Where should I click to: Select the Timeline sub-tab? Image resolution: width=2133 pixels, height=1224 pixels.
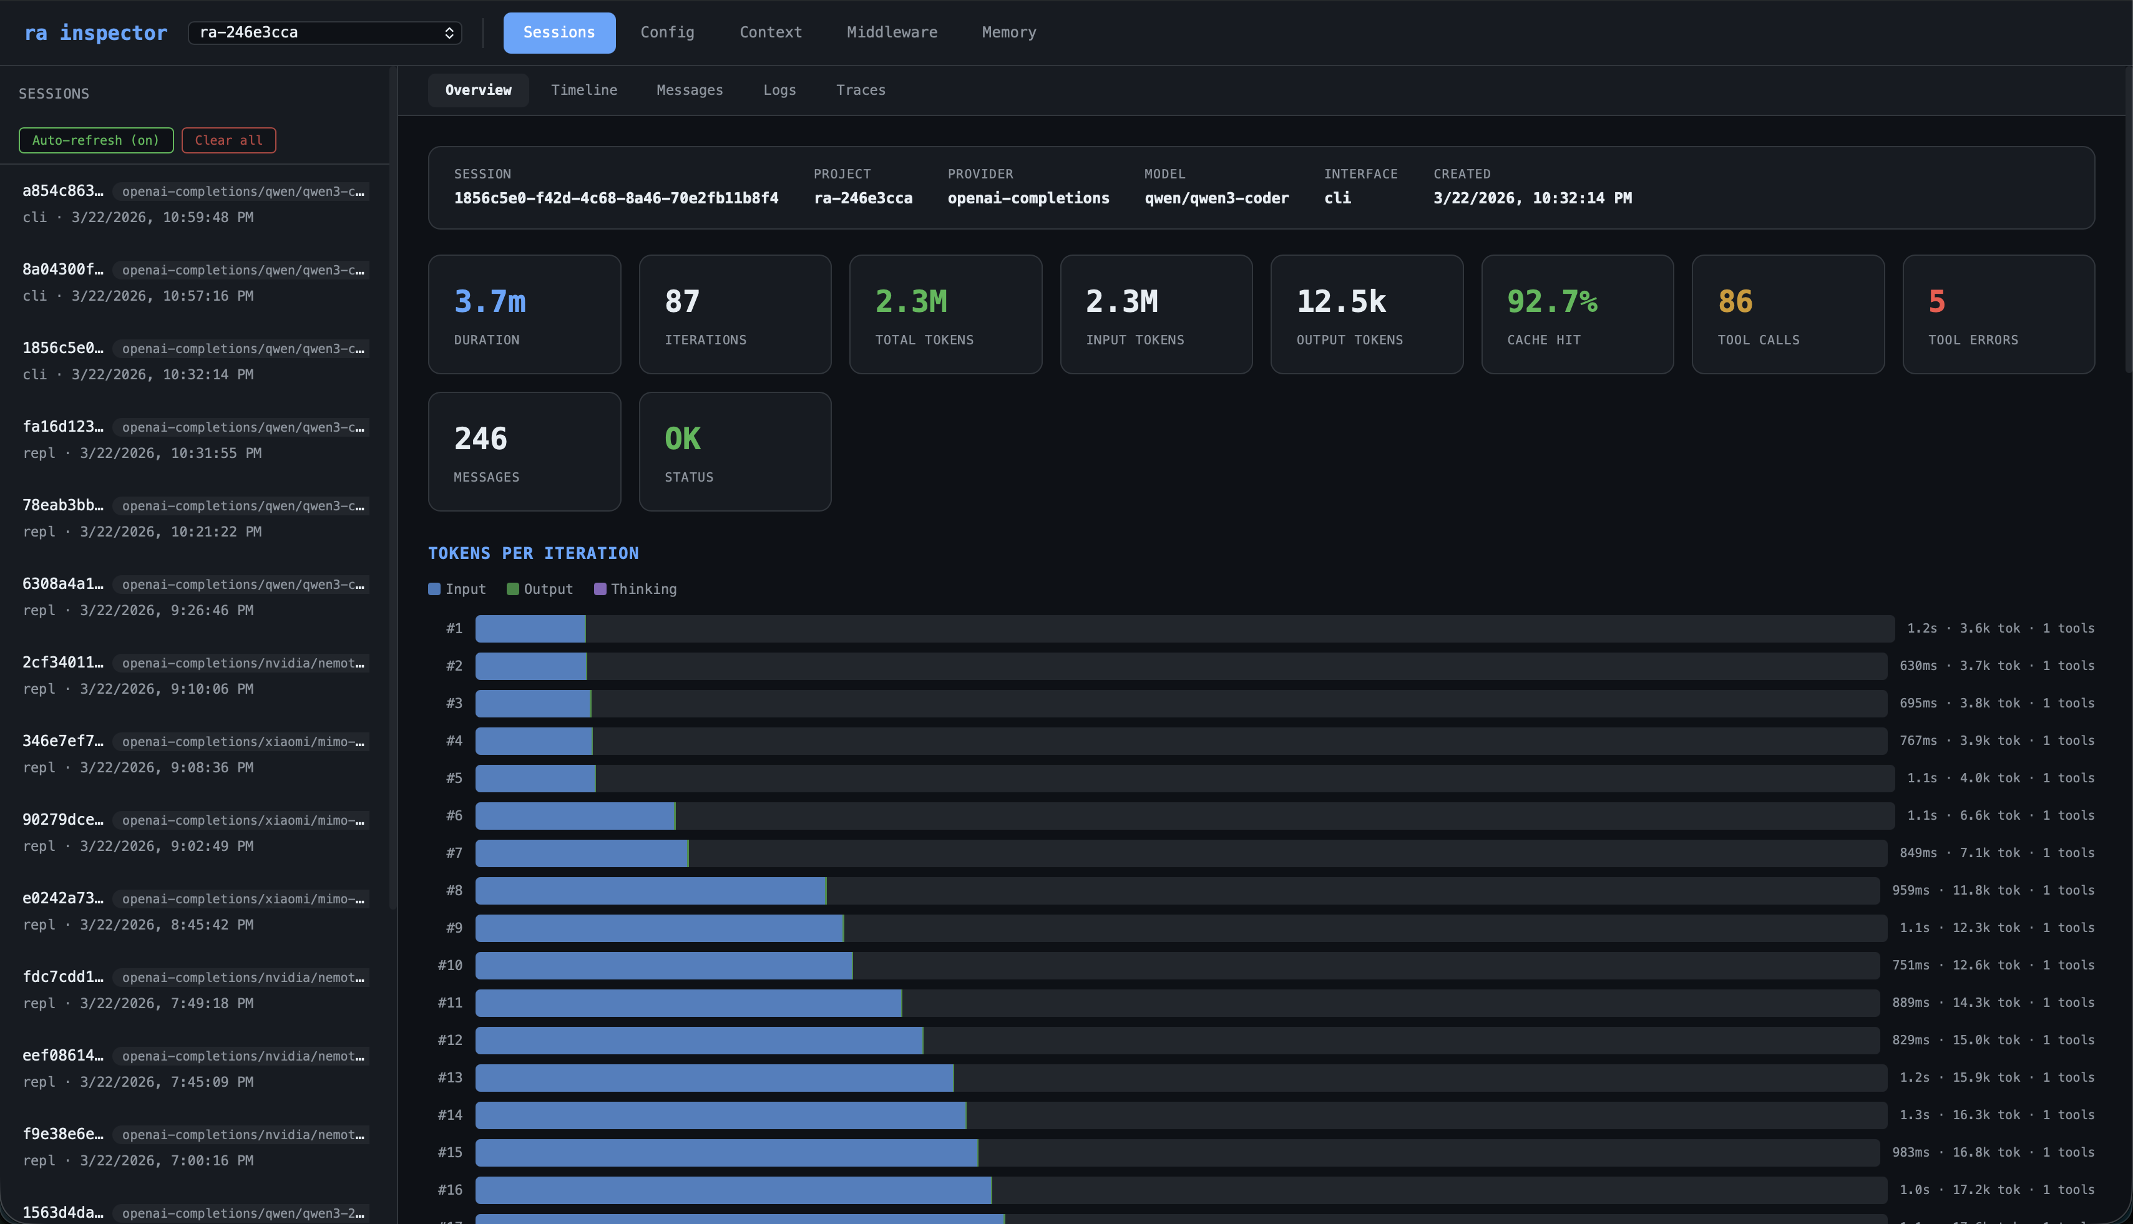coord(583,90)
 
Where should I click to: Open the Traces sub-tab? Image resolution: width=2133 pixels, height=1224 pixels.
coord(860,90)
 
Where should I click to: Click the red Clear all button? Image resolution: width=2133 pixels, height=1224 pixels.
coord(228,140)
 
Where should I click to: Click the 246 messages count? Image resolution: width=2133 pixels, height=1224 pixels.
coord(480,439)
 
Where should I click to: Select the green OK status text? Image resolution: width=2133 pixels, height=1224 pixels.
coord(682,439)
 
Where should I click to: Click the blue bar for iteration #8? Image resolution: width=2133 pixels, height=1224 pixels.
coord(650,890)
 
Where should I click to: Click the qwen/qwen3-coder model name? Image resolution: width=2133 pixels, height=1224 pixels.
coord(1216,198)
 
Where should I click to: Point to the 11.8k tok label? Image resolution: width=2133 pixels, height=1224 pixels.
coord(1985,890)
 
